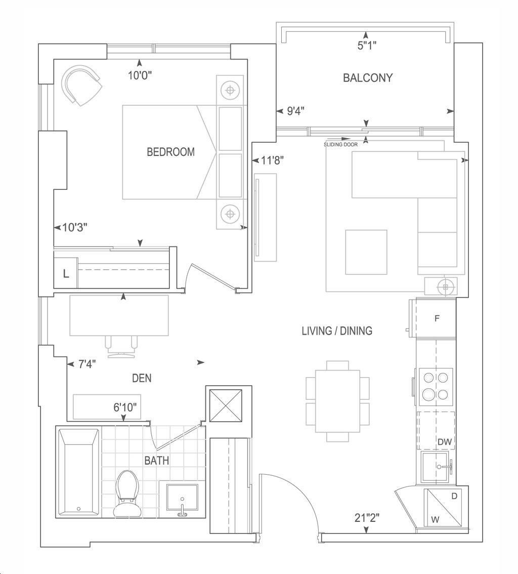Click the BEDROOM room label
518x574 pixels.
click(170, 152)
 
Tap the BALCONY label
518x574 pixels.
click(368, 77)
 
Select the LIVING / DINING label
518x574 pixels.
click(337, 331)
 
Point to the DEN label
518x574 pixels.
click(142, 378)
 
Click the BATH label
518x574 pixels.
click(157, 461)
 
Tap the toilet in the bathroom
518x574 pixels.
click(126, 494)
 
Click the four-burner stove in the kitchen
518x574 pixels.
click(436, 387)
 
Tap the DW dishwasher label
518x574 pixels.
click(445, 442)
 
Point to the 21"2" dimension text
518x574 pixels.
click(367, 518)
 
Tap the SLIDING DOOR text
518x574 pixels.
click(340, 145)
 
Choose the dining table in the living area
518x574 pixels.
click(337, 401)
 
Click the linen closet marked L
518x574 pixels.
click(65, 273)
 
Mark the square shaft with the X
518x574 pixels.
click(225, 406)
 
